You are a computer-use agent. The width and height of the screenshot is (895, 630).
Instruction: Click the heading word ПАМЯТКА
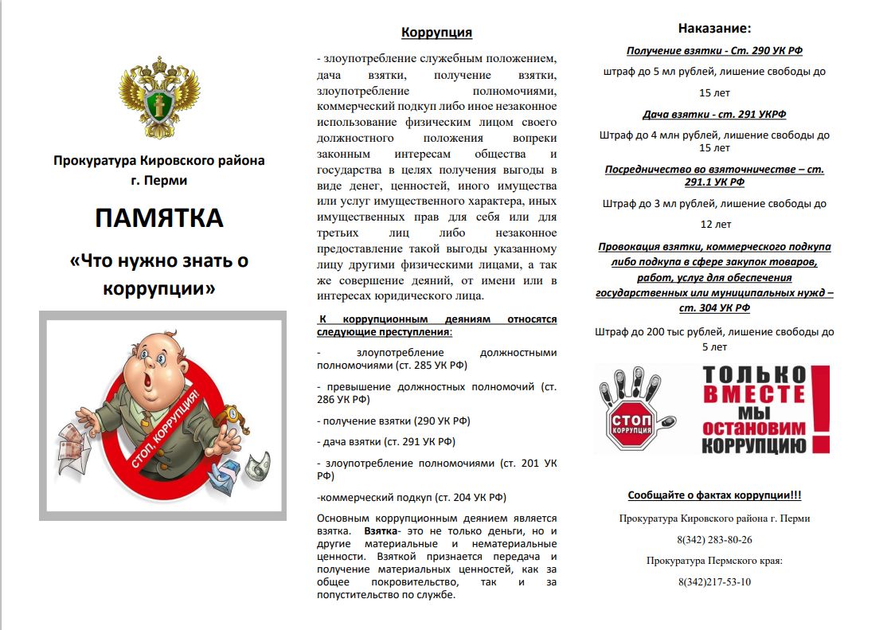pos(158,217)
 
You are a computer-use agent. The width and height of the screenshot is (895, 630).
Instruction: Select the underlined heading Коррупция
pos(436,33)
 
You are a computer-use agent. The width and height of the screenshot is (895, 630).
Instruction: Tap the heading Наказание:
pos(714,28)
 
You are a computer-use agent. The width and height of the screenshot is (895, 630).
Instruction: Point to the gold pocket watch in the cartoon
pos(232,415)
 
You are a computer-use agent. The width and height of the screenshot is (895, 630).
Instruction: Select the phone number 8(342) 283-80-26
pos(714,539)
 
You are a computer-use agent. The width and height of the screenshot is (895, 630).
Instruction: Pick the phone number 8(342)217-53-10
pos(714,581)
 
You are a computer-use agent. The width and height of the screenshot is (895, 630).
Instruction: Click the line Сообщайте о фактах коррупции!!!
pos(714,495)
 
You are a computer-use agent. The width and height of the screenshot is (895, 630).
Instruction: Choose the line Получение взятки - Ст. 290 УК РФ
pos(714,50)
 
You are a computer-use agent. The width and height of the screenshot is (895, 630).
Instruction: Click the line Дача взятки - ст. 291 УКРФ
pos(714,114)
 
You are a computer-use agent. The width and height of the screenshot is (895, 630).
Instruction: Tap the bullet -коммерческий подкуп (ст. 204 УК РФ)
pos(411,497)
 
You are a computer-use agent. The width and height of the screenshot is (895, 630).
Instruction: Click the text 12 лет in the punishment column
pos(715,225)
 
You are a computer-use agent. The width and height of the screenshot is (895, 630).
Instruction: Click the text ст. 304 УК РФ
pos(714,307)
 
